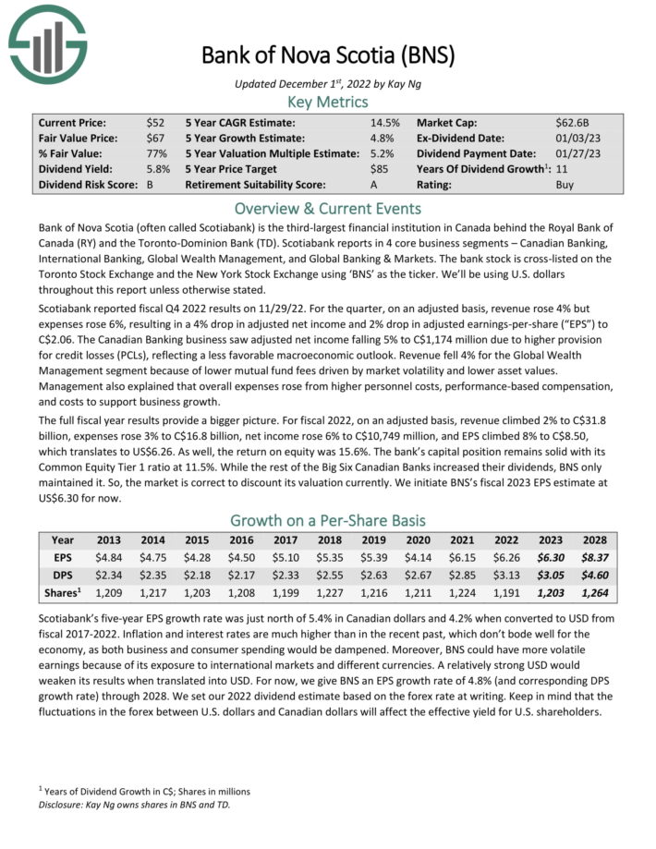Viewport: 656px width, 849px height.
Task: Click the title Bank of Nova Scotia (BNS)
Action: coord(328,56)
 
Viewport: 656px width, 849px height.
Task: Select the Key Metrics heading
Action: coord(328,102)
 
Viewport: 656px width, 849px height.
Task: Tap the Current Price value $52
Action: coord(156,122)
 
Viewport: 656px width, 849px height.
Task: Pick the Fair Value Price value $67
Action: coord(156,138)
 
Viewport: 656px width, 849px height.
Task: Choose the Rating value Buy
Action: coord(565,185)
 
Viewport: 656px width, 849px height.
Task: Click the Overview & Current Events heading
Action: coord(328,208)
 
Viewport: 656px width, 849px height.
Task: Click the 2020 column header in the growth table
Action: coord(419,540)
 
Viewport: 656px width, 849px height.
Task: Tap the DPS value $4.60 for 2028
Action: coord(595,576)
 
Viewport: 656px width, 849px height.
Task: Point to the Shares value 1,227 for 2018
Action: coord(330,593)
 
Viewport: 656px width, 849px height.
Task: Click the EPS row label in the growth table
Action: coord(63,558)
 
